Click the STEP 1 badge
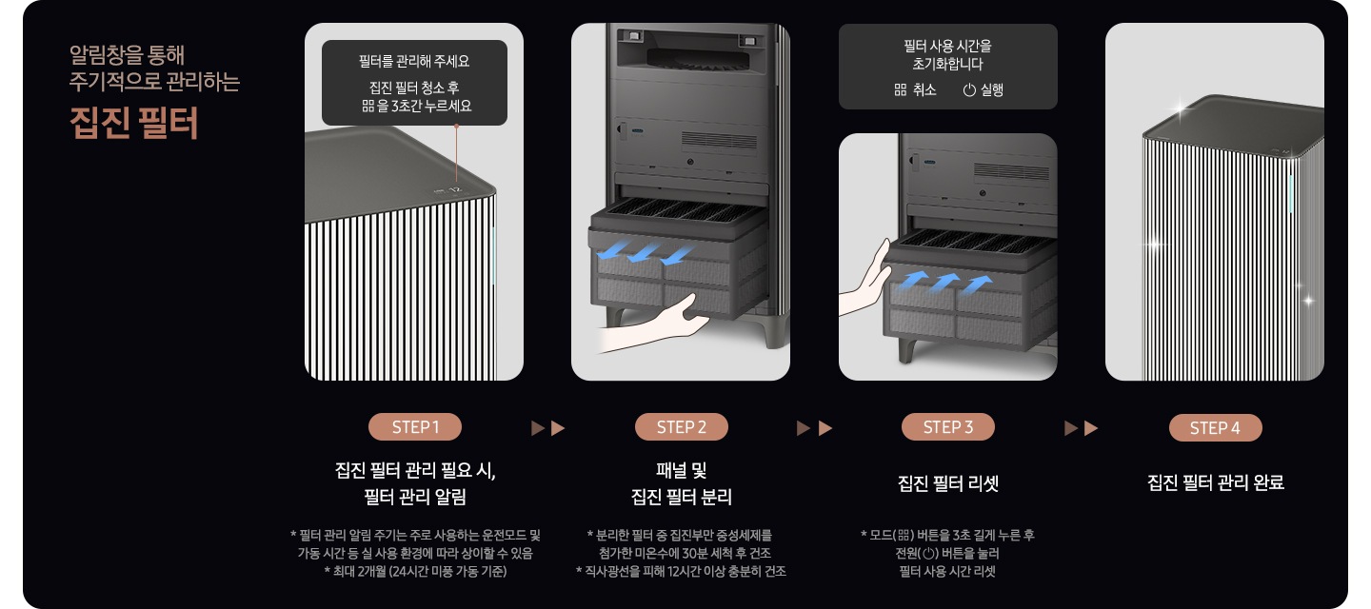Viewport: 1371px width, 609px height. tap(414, 427)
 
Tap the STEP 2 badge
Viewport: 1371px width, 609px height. tap(681, 427)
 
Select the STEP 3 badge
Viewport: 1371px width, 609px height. tap(947, 427)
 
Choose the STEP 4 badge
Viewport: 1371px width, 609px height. tap(1215, 428)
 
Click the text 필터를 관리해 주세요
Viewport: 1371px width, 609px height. tap(414, 62)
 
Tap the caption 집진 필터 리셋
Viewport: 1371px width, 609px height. tap(947, 483)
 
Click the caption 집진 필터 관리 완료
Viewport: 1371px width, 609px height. tap(1215, 483)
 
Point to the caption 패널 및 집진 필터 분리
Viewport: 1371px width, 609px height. tap(681, 483)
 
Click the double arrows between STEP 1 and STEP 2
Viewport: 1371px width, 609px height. tap(547, 428)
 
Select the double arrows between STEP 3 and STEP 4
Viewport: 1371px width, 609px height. tap(1081, 428)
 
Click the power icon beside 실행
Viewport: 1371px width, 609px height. tap(969, 90)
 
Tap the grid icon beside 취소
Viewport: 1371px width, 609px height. tap(901, 90)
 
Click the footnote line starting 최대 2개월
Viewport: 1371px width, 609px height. tap(414, 571)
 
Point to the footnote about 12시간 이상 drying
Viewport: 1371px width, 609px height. tap(681, 571)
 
